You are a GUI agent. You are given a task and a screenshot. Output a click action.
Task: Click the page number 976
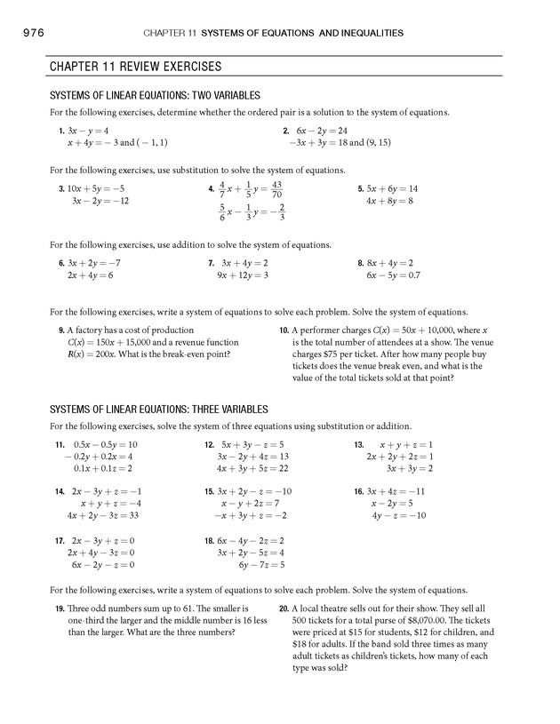click(29, 33)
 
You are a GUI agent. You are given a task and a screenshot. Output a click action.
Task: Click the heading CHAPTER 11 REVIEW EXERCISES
click(135, 67)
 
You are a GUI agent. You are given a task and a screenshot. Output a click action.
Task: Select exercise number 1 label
click(60, 131)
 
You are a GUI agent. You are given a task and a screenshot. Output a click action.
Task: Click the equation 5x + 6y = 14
click(392, 189)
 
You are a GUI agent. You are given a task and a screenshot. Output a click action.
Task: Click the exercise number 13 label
click(358, 444)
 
